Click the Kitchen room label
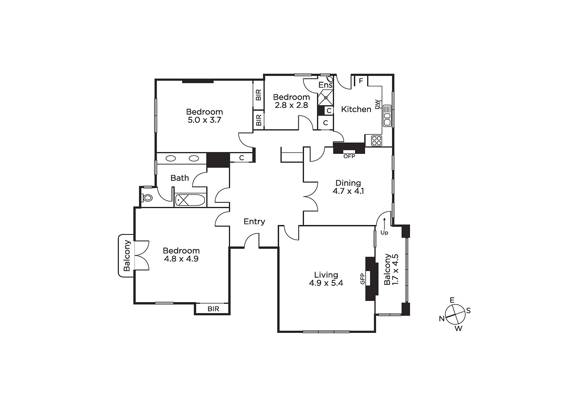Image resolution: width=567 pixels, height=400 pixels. [x=356, y=109]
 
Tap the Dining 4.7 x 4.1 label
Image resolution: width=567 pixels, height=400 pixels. [x=348, y=187]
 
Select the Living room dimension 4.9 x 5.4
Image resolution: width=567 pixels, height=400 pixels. [x=326, y=283]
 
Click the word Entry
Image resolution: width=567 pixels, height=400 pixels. [x=254, y=222]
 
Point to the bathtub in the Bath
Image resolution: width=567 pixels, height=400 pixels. [x=190, y=200]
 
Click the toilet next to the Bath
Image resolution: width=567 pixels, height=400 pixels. [x=147, y=198]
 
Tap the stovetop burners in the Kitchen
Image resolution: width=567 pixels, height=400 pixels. [x=376, y=141]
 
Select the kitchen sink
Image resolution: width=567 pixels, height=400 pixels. [x=387, y=116]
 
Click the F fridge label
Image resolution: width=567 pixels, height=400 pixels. [x=361, y=81]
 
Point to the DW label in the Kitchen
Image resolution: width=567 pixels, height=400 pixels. [x=377, y=104]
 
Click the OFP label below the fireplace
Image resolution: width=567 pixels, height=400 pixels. [x=349, y=156]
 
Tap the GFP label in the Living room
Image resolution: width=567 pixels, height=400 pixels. [x=363, y=279]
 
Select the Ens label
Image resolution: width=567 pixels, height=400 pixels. [x=325, y=85]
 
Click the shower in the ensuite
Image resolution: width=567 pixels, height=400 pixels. [x=326, y=97]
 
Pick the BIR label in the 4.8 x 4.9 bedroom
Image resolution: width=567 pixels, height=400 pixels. [x=213, y=309]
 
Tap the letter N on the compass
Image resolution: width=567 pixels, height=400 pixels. [x=442, y=319]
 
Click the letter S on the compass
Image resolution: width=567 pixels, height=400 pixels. [x=468, y=311]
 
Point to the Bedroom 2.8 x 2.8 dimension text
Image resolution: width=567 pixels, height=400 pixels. [x=291, y=105]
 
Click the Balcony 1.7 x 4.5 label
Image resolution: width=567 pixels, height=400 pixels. [x=391, y=269]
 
